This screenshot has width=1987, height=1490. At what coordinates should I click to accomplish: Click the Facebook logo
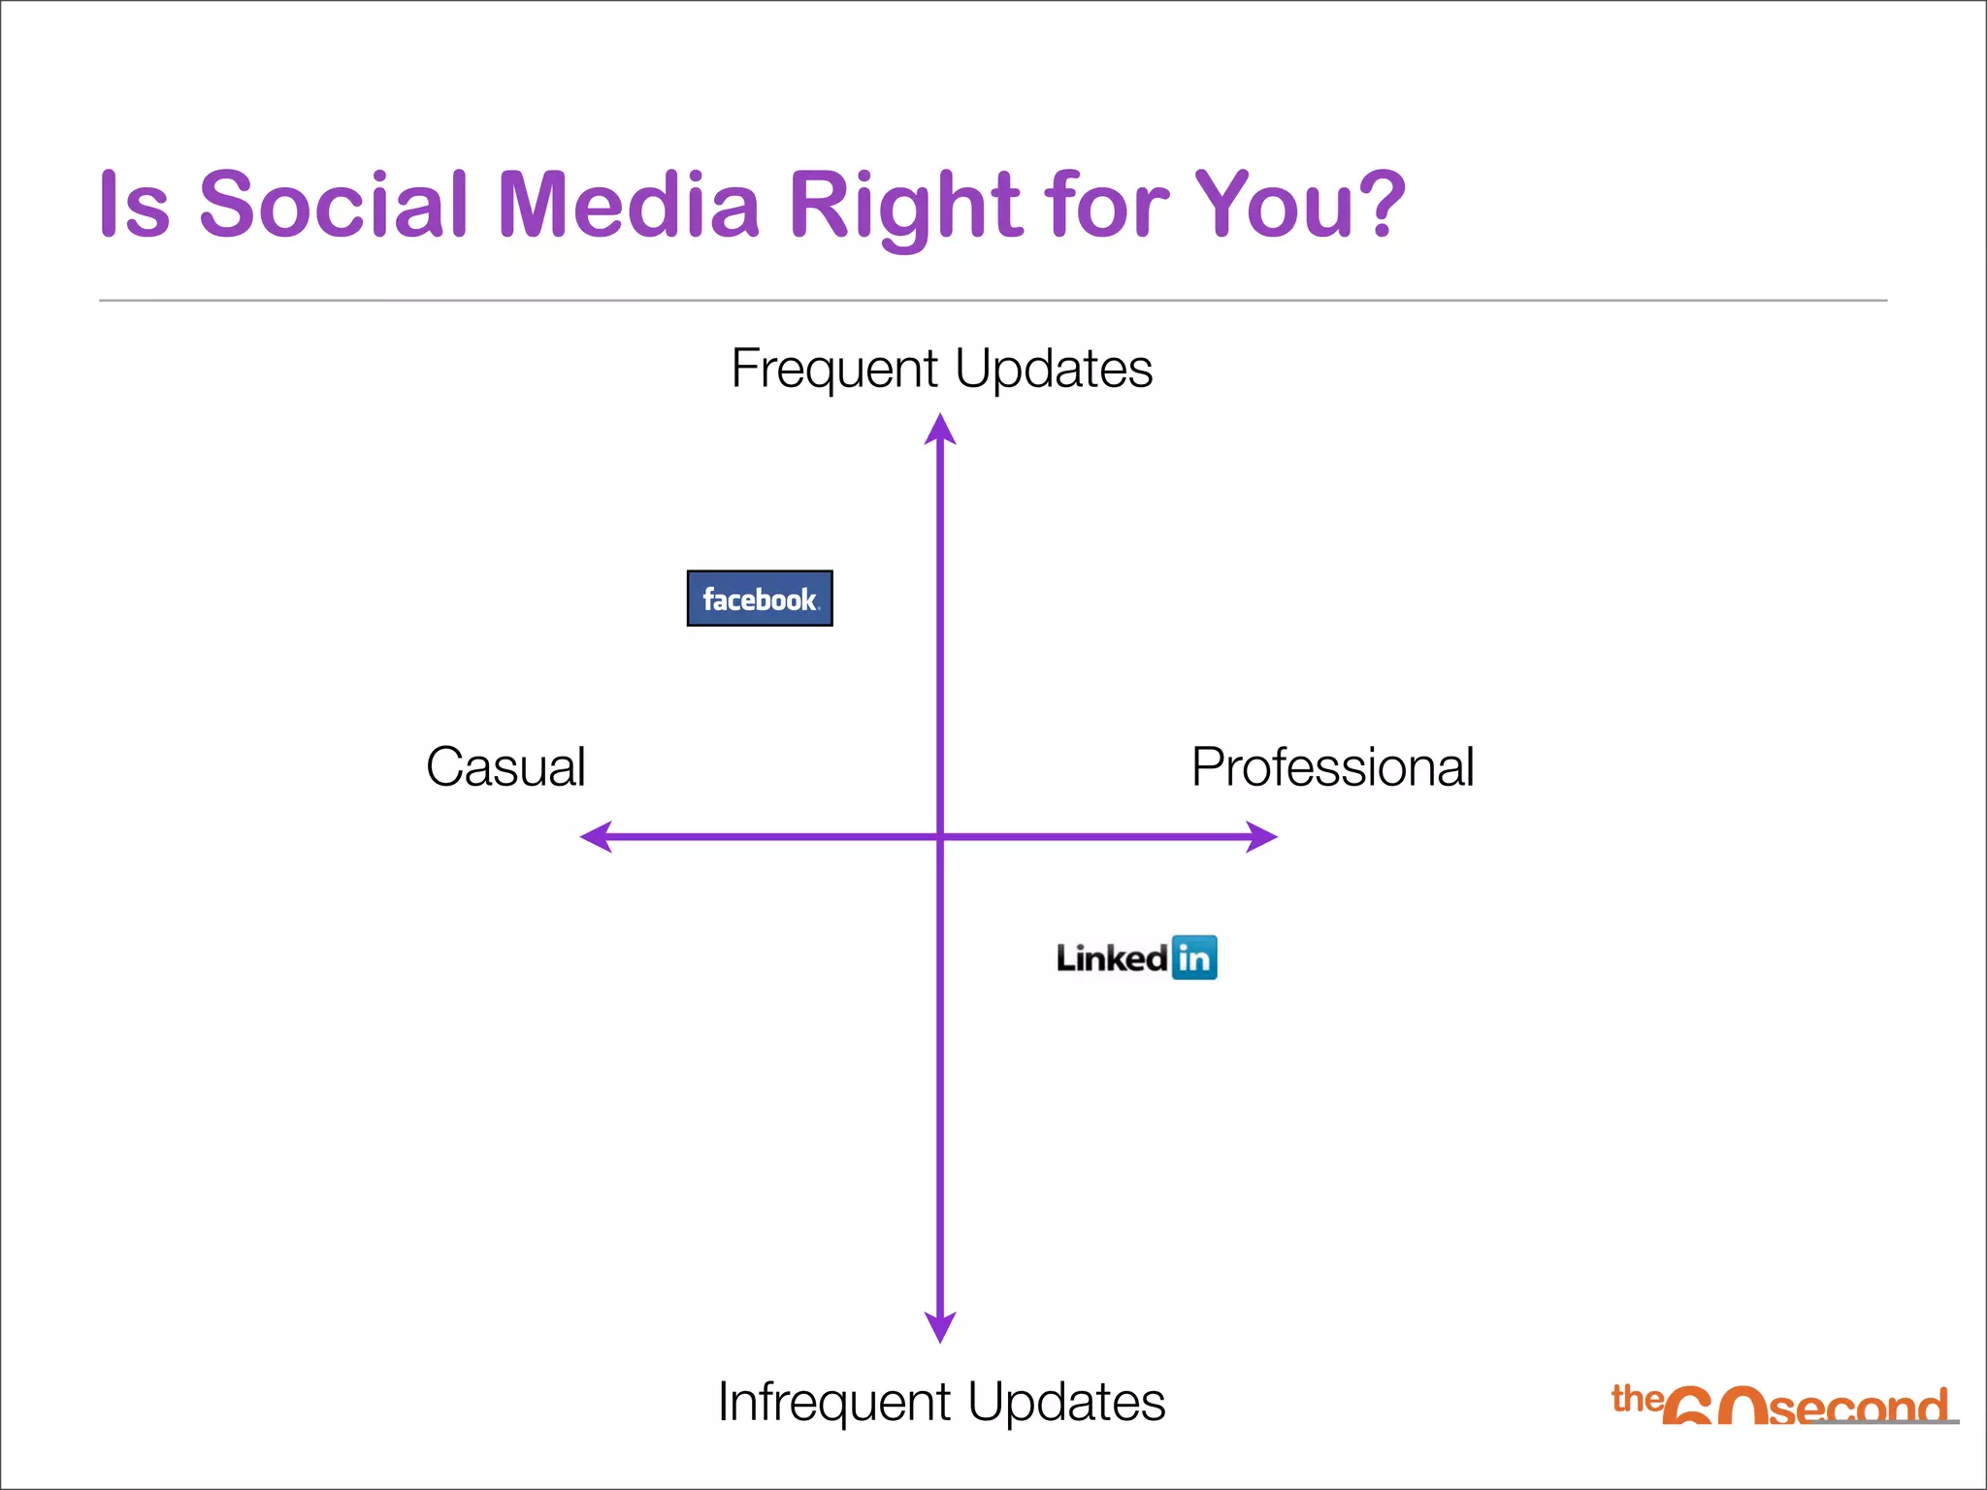point(760,599)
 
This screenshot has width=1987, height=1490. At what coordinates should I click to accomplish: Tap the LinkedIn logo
point(1136,958)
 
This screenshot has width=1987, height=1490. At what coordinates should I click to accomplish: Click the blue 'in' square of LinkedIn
point(1194,958)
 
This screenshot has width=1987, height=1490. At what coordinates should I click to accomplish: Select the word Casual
point(505,767)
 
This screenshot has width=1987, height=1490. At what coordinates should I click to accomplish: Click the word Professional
point(1332,767)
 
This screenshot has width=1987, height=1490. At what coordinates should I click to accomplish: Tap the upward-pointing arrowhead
point(940,430)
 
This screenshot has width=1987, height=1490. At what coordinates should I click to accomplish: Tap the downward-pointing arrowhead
point(940,1326)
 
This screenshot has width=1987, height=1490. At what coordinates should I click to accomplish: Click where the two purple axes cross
point(940,836)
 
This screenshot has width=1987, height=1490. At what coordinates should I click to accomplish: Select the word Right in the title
point(905,206)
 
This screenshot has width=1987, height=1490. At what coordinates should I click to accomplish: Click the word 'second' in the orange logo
point(1857,1408)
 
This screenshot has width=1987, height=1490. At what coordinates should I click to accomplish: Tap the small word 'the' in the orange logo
point(1637,1399)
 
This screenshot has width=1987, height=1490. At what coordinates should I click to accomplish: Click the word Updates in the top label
point(1054,370)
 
